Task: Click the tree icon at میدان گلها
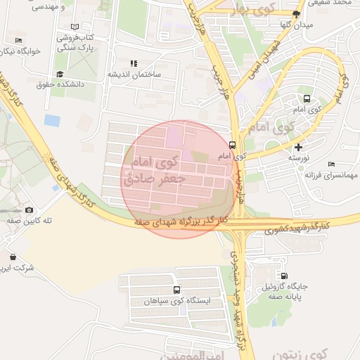click(x=296, y=13)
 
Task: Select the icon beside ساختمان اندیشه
click(x=134, y=63)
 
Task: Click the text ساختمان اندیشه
click(x=134, y=75)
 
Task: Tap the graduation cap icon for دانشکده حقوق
click(x=60, y=74)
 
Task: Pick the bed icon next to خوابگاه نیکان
click(x=18, y=41)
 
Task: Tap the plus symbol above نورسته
click(x=299, y=147)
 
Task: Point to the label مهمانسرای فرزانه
click(x=333, y=174)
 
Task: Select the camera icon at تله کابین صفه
click(x=29, y=210)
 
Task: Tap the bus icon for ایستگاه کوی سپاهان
click(x=176, y=289)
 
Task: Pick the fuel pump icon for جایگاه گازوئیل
click(x=284, y=276)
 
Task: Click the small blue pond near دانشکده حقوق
click(x=52, y=120)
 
